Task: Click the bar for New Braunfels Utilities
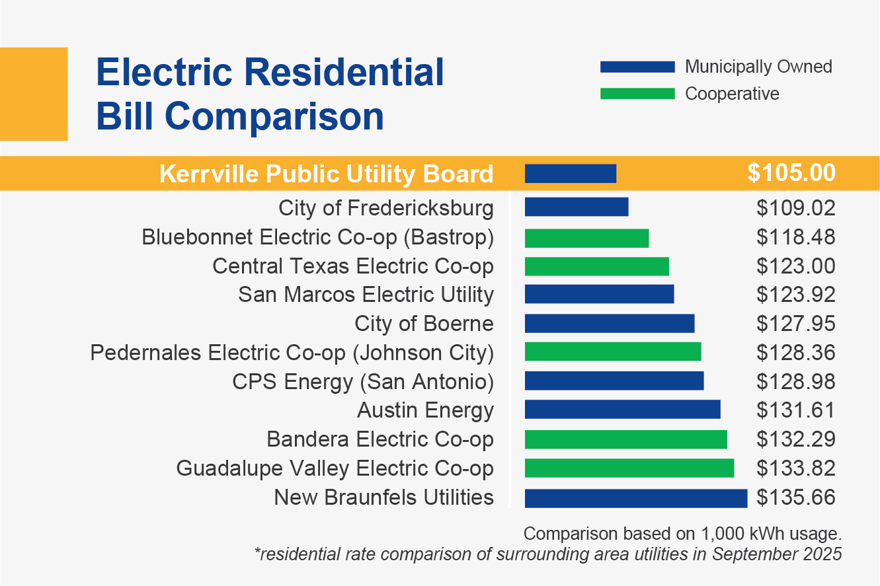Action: pyautogui.click(x=635, y=497)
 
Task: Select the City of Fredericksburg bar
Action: pyautogui.click(x=576, y=207)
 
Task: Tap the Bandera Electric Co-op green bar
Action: pyautogui.click(x=625, y=439)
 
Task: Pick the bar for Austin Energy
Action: pyautogui.click(x=622, y=410)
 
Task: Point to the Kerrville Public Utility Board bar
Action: pyautogui.click(x=570, y=174)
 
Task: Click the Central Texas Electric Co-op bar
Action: pyautogui.click(x=596, y=266)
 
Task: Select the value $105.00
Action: pyautogui.click(x=791, y=173)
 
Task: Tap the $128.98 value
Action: pyautogui.click(x=796, y=382)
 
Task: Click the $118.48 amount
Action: pyautogui.click(x=796, y=237)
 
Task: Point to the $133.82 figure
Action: pyautogui.click(x=796, y=468)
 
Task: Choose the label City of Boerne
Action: pyautogui.click(x=424, y=324)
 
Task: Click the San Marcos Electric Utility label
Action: pyautogui.click(x=366, y=295)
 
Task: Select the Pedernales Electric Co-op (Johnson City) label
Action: pyautogui.click(x=292, y=353)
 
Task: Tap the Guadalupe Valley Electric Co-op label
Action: pyautogui.click(x=335, y=468)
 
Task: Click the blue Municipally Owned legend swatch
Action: pyautogui.click(x=637, y=67)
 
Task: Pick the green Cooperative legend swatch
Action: pyautogui.click(x=637, y=94)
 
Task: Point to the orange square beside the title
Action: pyautogui.click(x=34, y=94)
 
